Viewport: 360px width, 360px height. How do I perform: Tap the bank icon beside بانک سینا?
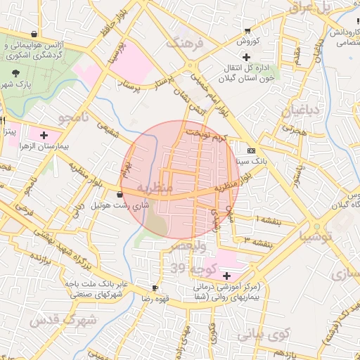point(251,150)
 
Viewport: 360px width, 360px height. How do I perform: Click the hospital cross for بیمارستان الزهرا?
point(44,134)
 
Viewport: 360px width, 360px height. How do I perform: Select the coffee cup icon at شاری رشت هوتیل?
point(120,194)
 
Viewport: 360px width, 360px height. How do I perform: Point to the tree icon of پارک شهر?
point(16,72)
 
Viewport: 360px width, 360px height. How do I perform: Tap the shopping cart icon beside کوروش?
point(247,30)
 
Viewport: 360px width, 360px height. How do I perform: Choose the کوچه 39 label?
point(187,268)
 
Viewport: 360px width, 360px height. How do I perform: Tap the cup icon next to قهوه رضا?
point(155,288)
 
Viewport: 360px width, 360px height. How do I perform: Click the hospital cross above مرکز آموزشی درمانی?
point(226,275)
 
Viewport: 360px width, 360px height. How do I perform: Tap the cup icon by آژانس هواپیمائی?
point(34,33)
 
